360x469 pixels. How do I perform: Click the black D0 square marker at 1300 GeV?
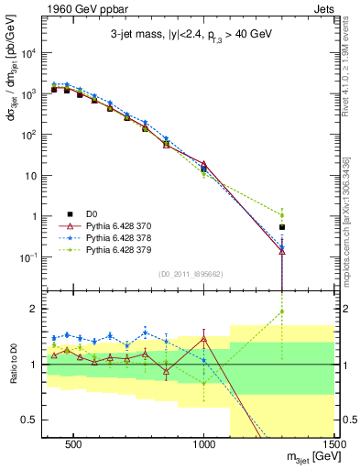282,226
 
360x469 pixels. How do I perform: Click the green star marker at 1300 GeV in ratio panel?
282,311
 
